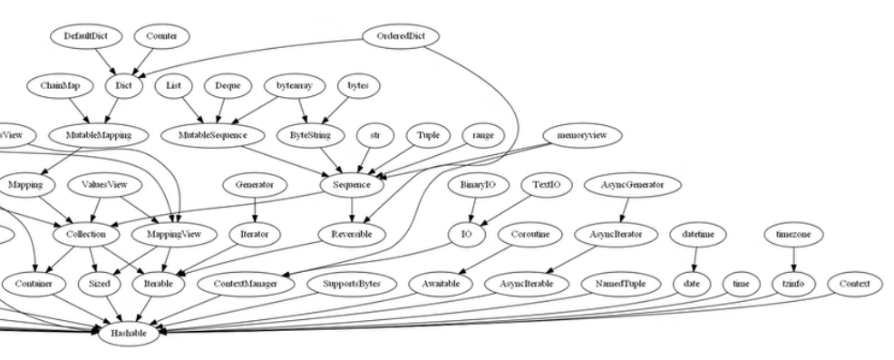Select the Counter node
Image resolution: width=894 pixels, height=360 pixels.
point(160,36)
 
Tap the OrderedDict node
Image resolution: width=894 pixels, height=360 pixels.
point(400,36)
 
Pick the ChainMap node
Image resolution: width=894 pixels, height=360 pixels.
point(61,86)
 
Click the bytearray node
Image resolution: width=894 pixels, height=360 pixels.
point(294,86)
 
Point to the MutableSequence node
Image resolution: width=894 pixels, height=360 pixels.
point(215,135)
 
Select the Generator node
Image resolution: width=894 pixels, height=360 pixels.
point(255,185)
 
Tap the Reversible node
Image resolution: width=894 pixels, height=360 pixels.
point(353,234)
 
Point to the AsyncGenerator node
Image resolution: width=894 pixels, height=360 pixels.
point(632,185)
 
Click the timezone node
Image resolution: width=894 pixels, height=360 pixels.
point(792,234)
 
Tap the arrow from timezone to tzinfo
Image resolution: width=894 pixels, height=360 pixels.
point(793,259)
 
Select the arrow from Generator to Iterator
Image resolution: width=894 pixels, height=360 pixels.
point(256,209)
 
